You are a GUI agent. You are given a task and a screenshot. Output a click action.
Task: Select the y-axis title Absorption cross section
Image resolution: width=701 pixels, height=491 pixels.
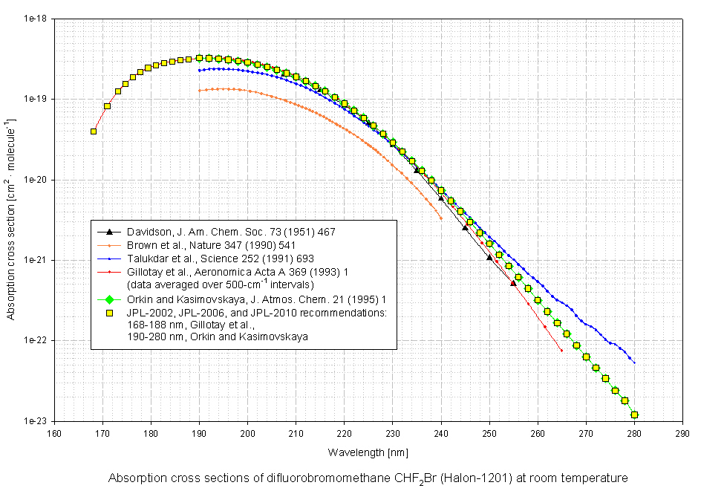(10, 219)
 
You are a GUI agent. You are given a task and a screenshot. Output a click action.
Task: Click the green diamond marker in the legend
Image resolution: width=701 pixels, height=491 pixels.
(109, 299)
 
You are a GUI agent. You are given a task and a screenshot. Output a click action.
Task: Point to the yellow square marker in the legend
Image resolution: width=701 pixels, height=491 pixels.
(109, 313)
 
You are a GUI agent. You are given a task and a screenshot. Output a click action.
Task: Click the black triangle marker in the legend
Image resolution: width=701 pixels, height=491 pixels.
(109, 232)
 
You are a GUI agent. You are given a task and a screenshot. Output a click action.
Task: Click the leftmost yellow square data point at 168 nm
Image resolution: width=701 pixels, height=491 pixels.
(94, 131)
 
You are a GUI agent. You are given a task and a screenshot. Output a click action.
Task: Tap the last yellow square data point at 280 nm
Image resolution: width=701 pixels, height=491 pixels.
(634, 415)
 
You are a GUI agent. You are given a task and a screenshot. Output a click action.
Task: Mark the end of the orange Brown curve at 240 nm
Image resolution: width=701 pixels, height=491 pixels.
(441, 218)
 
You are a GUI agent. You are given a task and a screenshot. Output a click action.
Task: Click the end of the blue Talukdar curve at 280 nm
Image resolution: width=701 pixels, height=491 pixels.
(634, 362)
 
